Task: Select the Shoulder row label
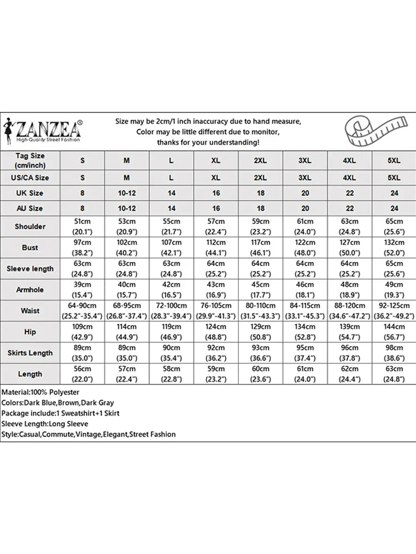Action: [30, 227]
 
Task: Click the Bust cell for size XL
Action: [216, 248]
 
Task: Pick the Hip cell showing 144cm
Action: [393, 332]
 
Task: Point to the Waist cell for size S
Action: [83, 311]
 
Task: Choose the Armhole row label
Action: [30, 290]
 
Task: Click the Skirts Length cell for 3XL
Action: [305, 353]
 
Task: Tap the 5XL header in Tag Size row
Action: [393, 160]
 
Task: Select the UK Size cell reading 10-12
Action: [126, 193]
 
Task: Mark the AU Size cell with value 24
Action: [393, 209]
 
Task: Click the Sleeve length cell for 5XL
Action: [393, 269]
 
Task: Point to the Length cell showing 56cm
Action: [83, 374]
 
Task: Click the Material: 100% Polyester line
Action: [40, 392]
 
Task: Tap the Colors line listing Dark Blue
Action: [57, 403]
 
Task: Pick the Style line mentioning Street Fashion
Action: [88, 434]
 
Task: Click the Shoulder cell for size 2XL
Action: [260, 227]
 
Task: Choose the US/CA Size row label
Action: [30, 178]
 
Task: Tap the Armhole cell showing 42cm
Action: [171, 290]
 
